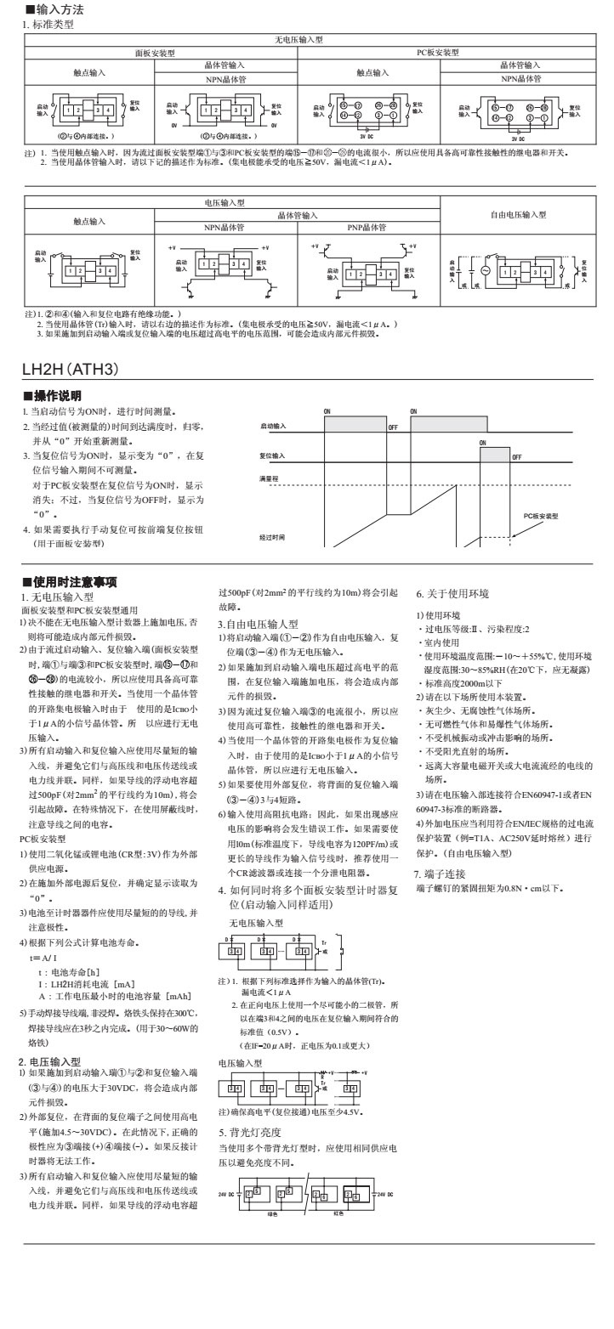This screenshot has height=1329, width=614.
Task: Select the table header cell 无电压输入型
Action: tap(298, 40)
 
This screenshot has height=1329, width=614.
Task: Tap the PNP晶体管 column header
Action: tap(368, 228)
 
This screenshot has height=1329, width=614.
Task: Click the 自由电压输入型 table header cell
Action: tap(518, 215)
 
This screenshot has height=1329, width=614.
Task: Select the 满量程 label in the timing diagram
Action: tap(270, 479)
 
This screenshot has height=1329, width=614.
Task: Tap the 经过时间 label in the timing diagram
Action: tap(272, 538)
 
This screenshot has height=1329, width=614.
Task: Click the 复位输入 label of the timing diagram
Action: tap(272, 455)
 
